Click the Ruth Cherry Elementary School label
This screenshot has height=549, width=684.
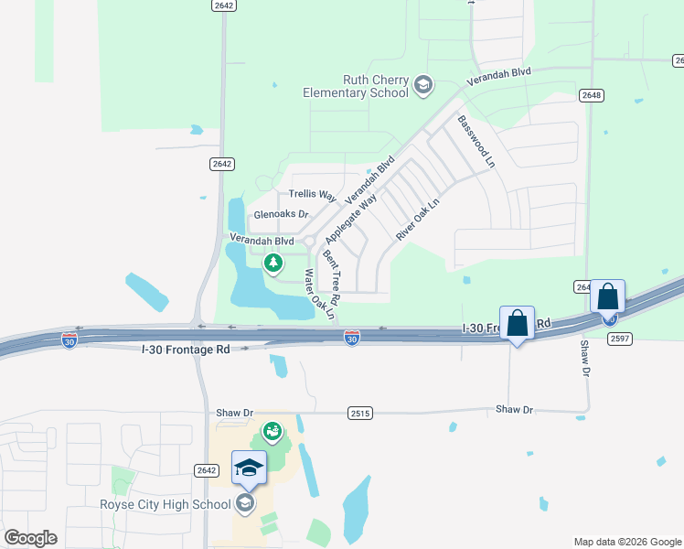pos(357,86)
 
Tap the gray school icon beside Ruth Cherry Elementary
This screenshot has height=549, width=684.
pos(422,86)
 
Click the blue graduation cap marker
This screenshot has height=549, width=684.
pos(249,468)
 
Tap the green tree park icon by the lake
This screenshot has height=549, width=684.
pos(273,264)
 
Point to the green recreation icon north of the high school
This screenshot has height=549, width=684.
pos(272,430)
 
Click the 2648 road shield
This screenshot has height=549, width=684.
pos(591,95)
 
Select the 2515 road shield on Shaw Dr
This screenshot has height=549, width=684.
pos(359,414)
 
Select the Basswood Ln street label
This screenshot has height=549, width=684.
pos(476,141)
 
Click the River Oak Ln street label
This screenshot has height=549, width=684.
pos(417,221)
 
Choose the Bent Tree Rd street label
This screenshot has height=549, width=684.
pos(331,277)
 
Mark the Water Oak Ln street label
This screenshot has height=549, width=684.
pos(320,295)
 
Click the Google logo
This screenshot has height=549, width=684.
pos(30,538)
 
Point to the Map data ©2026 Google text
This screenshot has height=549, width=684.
pos(626,542)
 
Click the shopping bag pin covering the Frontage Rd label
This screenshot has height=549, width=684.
pos(517,324)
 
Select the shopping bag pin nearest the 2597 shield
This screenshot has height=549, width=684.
pos(607,298)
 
